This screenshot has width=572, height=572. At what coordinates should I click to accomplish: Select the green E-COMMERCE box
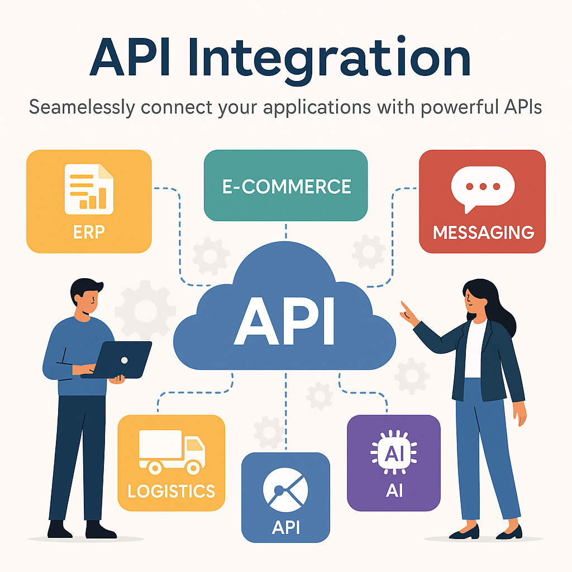coord(285,186)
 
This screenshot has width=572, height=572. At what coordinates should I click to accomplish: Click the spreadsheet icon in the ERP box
coord(89,189)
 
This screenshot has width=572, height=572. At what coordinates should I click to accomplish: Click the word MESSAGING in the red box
coord(483,232)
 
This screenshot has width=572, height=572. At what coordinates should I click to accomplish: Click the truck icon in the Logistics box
coord(171,451)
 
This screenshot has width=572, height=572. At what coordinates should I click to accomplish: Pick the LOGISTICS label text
coord(171,492)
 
